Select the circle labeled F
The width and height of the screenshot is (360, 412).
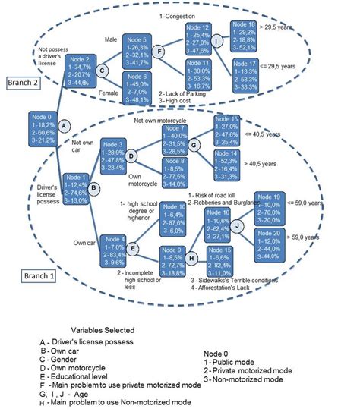159,51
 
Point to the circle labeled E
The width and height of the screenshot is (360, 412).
134,248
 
